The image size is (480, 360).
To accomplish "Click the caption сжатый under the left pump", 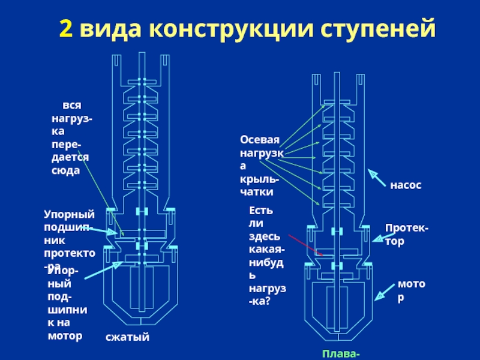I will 127,338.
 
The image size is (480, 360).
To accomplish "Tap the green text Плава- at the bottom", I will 341,354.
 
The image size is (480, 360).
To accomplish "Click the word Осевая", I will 260,140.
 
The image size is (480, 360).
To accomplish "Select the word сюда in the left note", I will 65,170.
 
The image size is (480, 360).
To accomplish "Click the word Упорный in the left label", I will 70,214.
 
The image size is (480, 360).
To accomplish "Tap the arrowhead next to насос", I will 374,175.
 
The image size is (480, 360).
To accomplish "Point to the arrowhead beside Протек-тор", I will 377,239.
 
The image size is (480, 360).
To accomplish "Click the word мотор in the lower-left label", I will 65,335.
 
